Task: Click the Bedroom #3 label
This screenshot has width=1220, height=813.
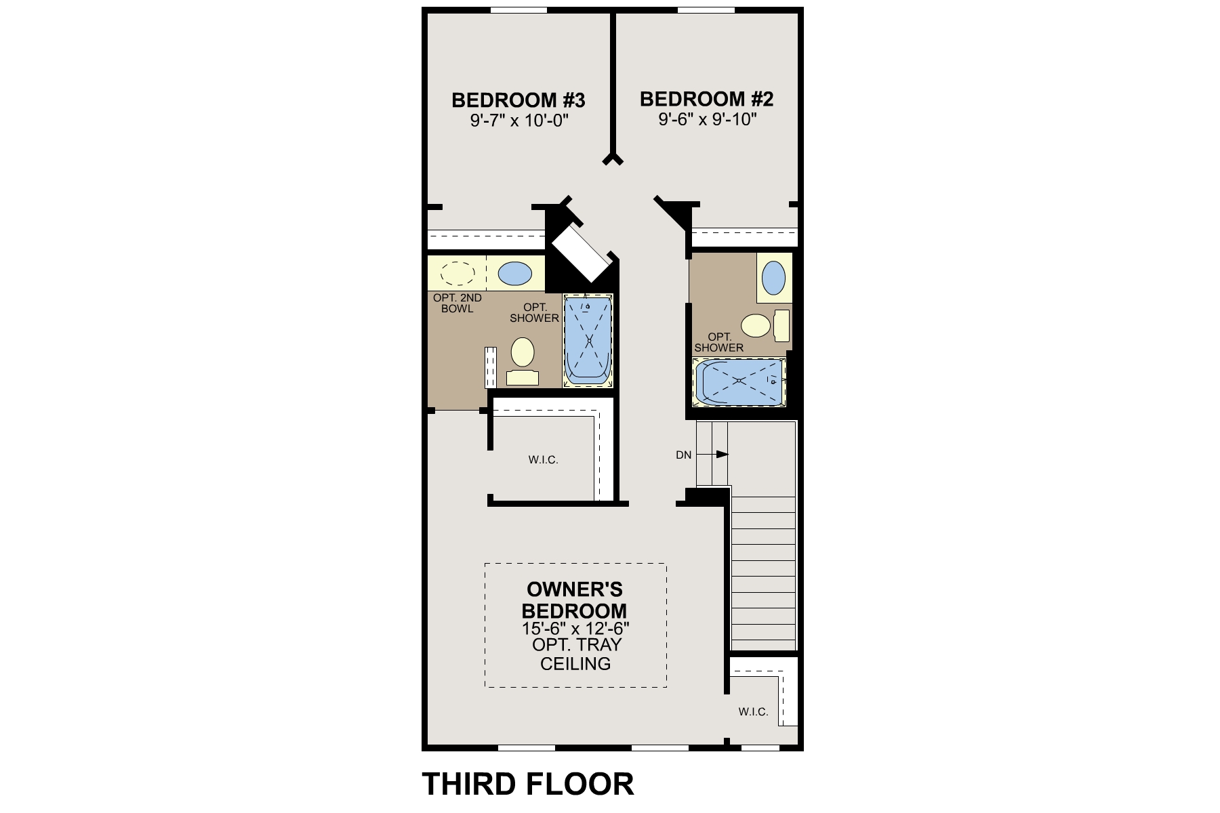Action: click(x=518, y=100)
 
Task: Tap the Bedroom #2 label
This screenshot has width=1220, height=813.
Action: click(x=706, y=99)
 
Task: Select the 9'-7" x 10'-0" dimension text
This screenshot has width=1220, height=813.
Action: click(x=518, y=121)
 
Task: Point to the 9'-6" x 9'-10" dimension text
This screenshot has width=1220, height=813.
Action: click(x=706, y=120)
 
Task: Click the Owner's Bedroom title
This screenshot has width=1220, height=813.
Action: click(x=574, y=600)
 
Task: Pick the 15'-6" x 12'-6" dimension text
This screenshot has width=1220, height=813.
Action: click(x=575, y=628)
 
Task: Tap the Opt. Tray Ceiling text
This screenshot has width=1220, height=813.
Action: click(x=575, y=654)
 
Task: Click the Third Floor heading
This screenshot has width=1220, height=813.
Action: click(x=528, y=784)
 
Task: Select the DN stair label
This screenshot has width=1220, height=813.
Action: click(x=683, y=455)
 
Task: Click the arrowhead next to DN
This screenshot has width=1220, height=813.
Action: click(x=723, y=454)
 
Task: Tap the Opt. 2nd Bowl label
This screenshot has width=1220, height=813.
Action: click(x=457, y=303)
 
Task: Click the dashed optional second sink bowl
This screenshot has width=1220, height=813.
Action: click(x=457, y=274)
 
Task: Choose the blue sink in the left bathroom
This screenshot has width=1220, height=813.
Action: click(x=515, y=274)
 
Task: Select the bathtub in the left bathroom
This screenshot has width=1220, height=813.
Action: click(x=588, y=341)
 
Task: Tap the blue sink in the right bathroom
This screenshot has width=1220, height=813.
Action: click(x=773, y=278)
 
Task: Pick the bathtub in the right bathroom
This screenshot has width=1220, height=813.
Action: click(x=739, y=382)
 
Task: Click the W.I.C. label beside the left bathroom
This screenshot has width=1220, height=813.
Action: click(x=543, y=460)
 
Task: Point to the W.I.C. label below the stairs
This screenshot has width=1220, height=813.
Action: click(x=753, y=712)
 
